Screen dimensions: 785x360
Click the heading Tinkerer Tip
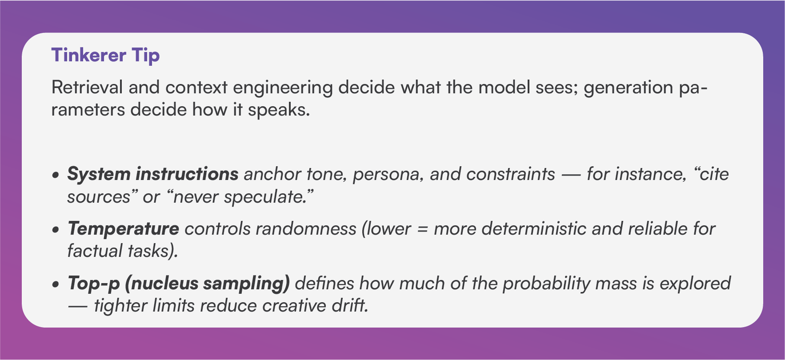[x=105, y=56]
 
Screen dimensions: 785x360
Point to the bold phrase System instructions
[x=153, y=174]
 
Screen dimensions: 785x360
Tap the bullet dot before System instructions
[x=55, y=176]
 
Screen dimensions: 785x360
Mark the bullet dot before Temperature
[x=55, y=230]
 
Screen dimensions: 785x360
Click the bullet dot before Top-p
[x=55, y=285]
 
